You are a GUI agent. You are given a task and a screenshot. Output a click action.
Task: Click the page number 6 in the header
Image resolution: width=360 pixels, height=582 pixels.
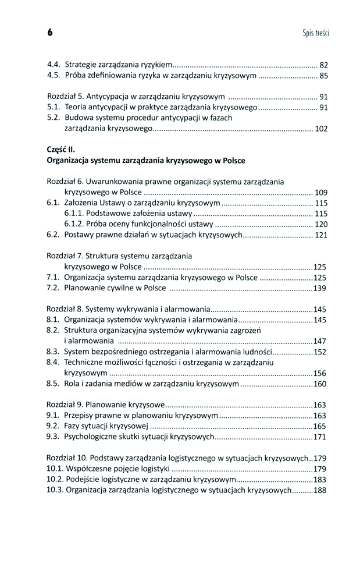coord(50,33)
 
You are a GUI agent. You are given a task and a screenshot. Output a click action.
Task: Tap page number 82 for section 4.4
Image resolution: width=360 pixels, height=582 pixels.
coord(324,64)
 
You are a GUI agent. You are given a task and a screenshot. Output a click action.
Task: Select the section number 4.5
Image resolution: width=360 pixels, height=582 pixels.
coord(54,75)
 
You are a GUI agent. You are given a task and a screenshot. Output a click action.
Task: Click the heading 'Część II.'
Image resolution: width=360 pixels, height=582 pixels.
coord(60,149)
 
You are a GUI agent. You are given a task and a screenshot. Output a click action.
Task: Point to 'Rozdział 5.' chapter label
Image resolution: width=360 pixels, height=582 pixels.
coord(65,96)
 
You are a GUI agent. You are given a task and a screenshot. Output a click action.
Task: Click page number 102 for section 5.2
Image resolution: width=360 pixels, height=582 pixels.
coord(321,129)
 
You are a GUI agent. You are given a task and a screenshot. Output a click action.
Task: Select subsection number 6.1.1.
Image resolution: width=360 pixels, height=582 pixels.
coord(74,214)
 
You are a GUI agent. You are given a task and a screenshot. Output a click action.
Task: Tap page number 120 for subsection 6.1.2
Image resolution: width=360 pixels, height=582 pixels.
coord(321,224)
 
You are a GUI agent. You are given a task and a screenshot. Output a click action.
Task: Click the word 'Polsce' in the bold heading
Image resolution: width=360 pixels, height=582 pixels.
coord(232,160)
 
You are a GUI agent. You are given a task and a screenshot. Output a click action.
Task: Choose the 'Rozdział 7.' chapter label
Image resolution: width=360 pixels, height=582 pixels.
coord(65,255)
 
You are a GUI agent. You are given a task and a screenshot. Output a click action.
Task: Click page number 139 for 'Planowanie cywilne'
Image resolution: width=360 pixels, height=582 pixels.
coord(320,288)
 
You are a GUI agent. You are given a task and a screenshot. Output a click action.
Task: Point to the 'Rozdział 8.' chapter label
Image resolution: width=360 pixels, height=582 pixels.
coord(65,309)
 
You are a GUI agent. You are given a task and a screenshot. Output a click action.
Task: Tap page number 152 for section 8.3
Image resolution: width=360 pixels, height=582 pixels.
coord(320,352)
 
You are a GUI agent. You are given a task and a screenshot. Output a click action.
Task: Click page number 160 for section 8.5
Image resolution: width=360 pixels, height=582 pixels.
coord(320,384)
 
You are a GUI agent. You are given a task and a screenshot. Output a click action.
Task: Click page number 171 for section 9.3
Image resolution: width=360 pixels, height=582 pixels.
coord(320,436)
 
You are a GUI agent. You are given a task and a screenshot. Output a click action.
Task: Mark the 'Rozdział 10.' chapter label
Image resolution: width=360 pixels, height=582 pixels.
coord(67,458)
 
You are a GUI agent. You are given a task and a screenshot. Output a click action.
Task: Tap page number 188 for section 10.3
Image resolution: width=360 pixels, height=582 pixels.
coord(320,490)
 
